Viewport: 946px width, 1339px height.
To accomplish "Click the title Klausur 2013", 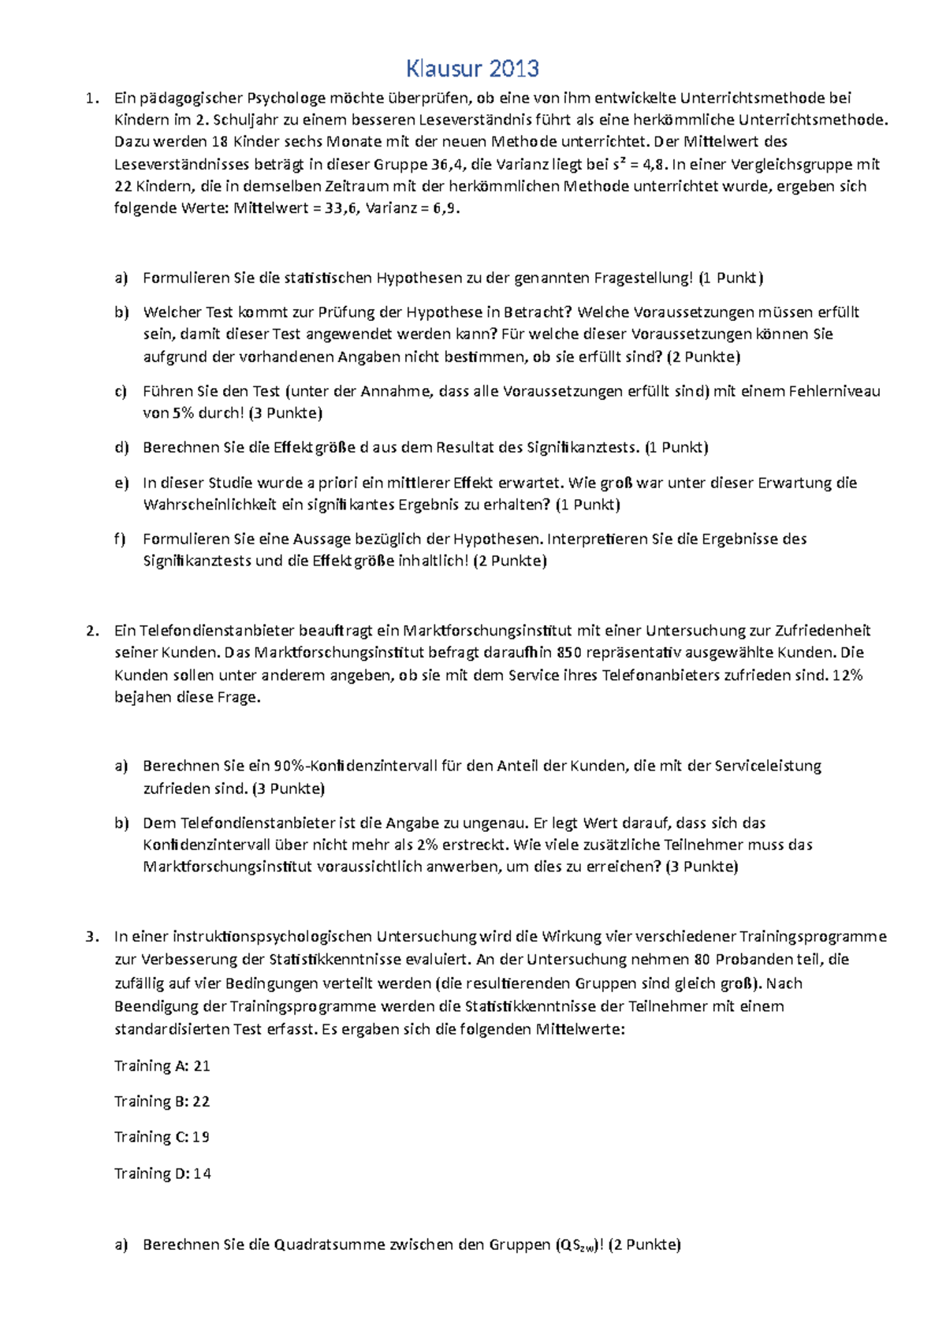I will click(472, 69).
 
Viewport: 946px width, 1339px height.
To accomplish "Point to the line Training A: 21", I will click(162, 1066).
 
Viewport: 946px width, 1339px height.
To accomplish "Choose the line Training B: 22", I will click(162, 1102).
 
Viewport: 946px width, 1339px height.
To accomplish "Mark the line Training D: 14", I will click(163, 1173).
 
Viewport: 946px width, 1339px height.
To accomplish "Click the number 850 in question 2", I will click(568, 653).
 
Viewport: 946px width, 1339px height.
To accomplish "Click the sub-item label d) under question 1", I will click(121, 448).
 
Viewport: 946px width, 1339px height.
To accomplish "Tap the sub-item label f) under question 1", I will click(120, 539).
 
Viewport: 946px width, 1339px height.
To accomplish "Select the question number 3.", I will click(92, 937).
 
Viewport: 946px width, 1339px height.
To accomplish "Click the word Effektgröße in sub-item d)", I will click(314, 448).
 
